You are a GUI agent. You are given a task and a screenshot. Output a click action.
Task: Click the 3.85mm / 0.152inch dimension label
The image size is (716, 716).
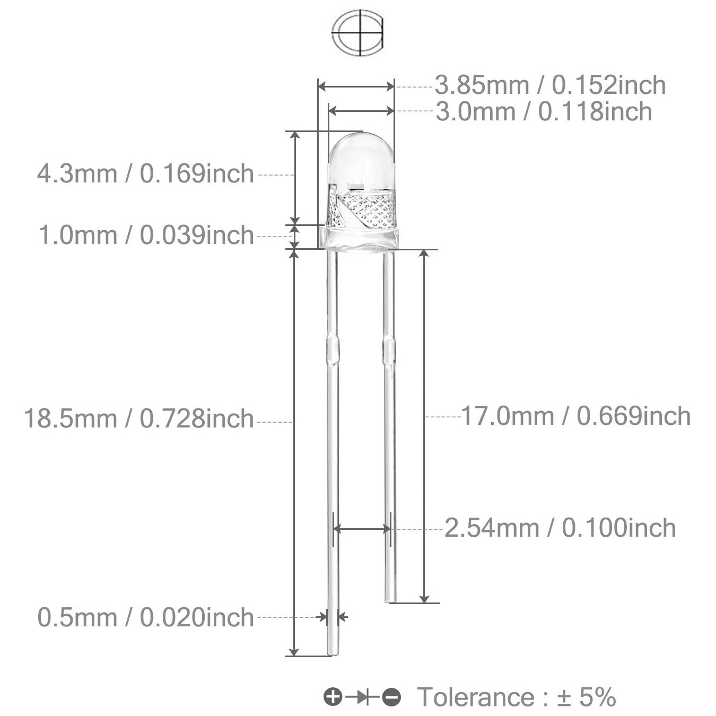point(550,85)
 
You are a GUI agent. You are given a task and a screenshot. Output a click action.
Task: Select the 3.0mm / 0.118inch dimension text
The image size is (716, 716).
point(544,112)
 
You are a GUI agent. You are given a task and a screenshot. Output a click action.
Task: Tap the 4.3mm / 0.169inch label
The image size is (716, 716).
point(145,174)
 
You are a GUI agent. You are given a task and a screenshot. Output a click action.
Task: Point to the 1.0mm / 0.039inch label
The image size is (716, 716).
point(146,235)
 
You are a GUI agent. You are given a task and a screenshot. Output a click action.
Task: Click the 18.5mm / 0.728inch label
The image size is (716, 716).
point(139,419)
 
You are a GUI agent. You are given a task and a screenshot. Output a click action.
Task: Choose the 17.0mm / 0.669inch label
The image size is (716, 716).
point(575,416)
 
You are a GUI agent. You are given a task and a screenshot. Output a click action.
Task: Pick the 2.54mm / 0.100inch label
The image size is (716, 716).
point(560,528)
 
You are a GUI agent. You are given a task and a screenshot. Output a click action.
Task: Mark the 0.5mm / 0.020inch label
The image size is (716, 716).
point(145,618)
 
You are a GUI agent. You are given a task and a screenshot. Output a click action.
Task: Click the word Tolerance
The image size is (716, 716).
point(475,697)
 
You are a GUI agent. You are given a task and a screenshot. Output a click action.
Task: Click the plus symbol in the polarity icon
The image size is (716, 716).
point(333,697)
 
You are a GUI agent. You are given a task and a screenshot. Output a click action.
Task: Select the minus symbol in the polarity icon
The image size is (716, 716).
point(392,697)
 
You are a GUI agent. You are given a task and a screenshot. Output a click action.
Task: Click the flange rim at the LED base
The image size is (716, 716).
point(361,239)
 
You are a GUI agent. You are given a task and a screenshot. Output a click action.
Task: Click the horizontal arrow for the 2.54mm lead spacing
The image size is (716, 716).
point(362,529)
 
